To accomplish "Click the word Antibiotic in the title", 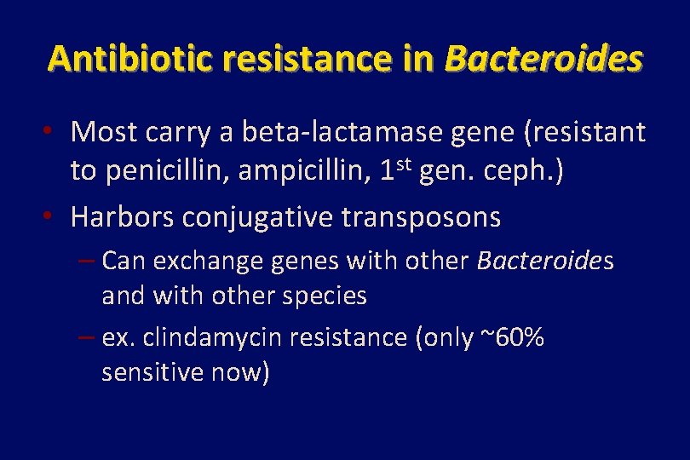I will tap(121, 59).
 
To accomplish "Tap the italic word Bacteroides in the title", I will tap(543, 59).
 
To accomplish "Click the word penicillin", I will tap(168, 171).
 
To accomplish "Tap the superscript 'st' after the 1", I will tap(407, 164).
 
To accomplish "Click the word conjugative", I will tap(257, 219).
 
